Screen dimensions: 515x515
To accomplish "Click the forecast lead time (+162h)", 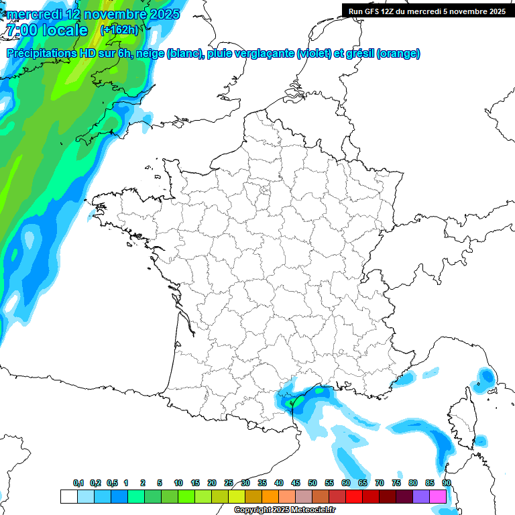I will pos(119,30).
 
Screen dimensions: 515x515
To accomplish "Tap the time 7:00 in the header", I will pos(22,30).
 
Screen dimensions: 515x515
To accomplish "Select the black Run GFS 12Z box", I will pos(426,11).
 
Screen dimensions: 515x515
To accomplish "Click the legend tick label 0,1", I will pos(78,483).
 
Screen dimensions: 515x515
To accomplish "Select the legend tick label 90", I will pos(446,483).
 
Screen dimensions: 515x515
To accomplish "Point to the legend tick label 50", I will pos(312,483).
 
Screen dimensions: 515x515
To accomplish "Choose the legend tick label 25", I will pos(229,483).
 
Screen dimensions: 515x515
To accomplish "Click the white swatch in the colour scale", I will pos(68,496).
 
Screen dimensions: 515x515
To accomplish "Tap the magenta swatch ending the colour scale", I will pos(438,496).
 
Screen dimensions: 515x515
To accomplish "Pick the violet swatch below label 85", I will pos(421,496).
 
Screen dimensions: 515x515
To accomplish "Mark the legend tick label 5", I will pos(160,483).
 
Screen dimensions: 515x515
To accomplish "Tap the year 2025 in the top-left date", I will pos(161,14).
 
